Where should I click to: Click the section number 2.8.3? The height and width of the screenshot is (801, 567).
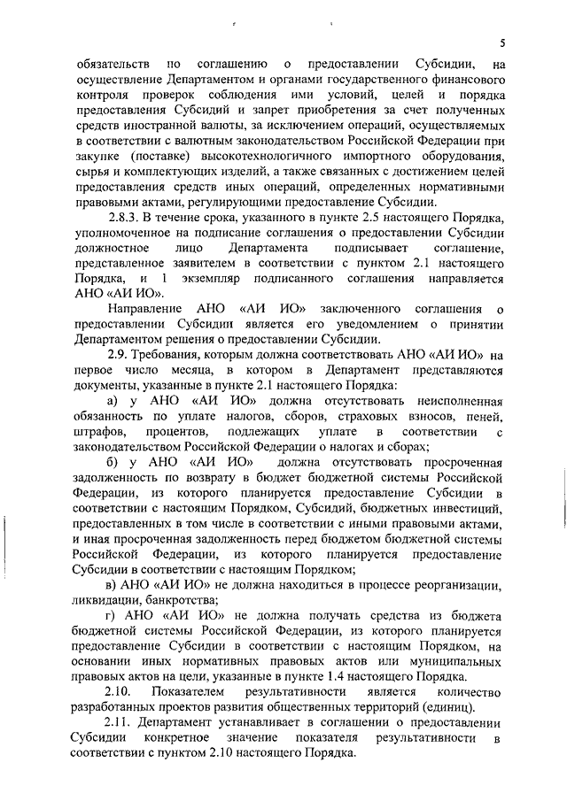pyautogui.click(x=124, y=219)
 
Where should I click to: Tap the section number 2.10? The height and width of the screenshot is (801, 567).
pyautogui.click(x=117, y=689)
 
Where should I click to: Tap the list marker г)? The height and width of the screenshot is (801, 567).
pyautogui.click(x=111, y=614)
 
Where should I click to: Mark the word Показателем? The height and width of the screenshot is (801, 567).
pyautogui.click(x=190, y=689)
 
